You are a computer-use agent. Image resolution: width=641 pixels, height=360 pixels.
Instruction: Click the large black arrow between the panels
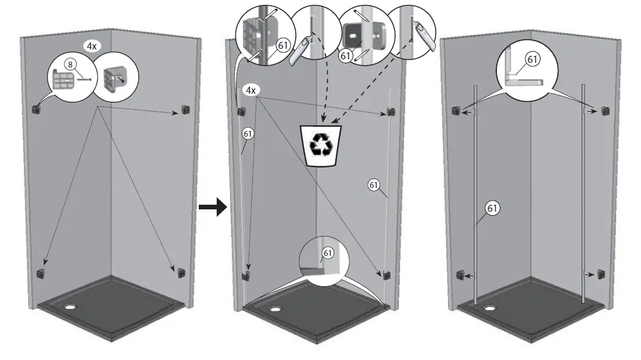point(212,206)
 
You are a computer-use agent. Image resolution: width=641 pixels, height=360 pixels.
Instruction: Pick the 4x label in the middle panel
point(251,91)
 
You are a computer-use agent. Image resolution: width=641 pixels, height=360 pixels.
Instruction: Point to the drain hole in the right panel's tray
point(491,308)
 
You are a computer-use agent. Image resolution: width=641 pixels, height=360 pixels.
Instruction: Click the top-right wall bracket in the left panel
point(185,109)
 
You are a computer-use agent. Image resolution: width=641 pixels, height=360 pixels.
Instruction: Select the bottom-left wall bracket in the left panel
point(40,273)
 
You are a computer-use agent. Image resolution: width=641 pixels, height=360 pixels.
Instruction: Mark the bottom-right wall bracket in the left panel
point(181,272)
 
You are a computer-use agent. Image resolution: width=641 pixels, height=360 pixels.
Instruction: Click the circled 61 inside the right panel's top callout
point(532,59)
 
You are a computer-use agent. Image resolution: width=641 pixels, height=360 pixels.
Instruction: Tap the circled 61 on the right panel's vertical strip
point(492,208)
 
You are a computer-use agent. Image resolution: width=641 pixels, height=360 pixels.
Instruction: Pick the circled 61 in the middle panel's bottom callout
point(328,253)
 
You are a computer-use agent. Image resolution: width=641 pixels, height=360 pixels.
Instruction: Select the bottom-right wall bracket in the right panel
point(601,273)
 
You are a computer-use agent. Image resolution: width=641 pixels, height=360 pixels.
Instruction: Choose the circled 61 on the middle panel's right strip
point(374,185)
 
